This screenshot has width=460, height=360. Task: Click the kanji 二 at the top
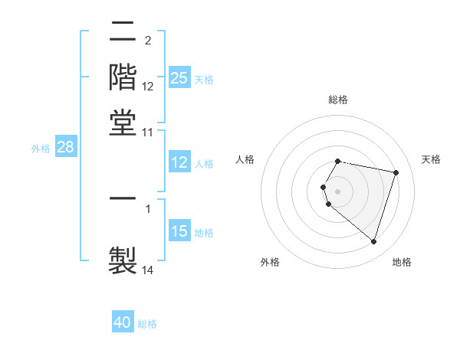point(123,32)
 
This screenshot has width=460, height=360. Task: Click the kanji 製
point(123,259)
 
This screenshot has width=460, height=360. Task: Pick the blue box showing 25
point(179,78)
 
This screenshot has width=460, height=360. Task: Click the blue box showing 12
point(179,163)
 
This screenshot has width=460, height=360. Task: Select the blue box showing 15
point(179,232)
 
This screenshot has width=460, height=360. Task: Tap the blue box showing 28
point(65,148)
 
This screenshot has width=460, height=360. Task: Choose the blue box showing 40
point(123,322)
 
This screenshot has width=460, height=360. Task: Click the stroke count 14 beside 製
point(148,270)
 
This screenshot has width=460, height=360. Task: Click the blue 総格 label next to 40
point(147,324)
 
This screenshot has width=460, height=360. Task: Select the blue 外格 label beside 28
point(40,149)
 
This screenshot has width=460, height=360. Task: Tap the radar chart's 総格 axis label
point(338,100)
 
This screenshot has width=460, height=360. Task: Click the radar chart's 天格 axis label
point(431,159)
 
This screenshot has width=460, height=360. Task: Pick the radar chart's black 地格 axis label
point(402,262)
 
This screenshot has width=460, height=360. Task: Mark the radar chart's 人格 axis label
point(245,159)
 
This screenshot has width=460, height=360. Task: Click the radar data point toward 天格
point(396,172)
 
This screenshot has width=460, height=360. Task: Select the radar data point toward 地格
point(373,241)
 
